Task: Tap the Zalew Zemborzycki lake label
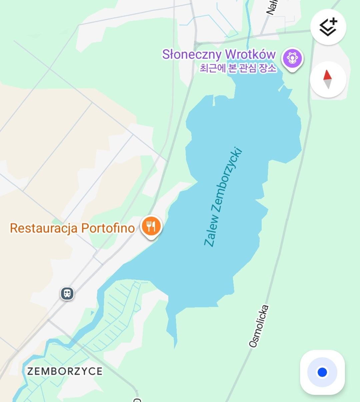[x=223, y=197]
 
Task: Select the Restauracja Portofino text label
[x=72, y=228]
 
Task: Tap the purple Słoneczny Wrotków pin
[x=292, y=59]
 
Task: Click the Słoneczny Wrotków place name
[x=219, y=54]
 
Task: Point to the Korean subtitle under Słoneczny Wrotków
[x=238, y=68]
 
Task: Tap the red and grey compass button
[x=328, y=79]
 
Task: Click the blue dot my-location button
[x=322, y=372]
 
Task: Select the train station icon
[x=67, y=294]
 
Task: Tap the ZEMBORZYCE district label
[x=65, y=371]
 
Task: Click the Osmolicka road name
[x=259, y=326]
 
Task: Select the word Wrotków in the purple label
[x=250, y=54]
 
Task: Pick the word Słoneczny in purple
[x=192, y=54]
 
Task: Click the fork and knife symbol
[x=151, y=226]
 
